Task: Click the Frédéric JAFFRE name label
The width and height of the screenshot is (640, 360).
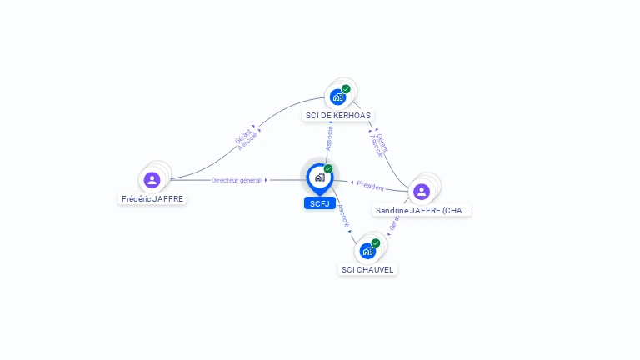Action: tap(152, 198)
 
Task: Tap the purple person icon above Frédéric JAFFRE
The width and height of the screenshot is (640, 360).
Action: tap(152, 179)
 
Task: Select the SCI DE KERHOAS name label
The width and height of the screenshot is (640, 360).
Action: tap(337, 115)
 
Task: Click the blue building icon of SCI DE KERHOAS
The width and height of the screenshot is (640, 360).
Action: tap(337, 97)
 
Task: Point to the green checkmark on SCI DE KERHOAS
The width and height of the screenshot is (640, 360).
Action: tap(346, 89)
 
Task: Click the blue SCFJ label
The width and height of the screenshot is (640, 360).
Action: tap(320, 203)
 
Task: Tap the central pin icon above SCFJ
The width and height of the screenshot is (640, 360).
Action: tap(319, 177)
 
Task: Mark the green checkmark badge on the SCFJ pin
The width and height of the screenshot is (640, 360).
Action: tap(328, 169)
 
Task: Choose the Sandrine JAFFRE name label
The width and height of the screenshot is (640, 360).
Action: tap(422, 211)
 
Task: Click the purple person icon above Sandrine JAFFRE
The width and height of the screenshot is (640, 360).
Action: tap(422, 191)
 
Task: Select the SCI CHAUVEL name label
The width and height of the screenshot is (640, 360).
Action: tap(367, 269)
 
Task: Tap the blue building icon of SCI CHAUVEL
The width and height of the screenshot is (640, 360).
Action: tap(367, 251)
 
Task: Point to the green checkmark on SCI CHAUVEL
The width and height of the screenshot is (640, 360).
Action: tap(376, 243)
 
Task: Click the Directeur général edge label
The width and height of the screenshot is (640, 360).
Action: tap(237, 180)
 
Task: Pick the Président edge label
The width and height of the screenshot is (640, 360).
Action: tap(371, 186)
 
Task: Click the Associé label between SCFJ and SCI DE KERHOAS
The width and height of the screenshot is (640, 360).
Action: tap(330, 138)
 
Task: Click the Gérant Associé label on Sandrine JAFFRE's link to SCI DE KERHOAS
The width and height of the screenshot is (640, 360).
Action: tap(379, 145)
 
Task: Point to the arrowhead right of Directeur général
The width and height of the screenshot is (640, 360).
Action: tap(266, 180)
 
